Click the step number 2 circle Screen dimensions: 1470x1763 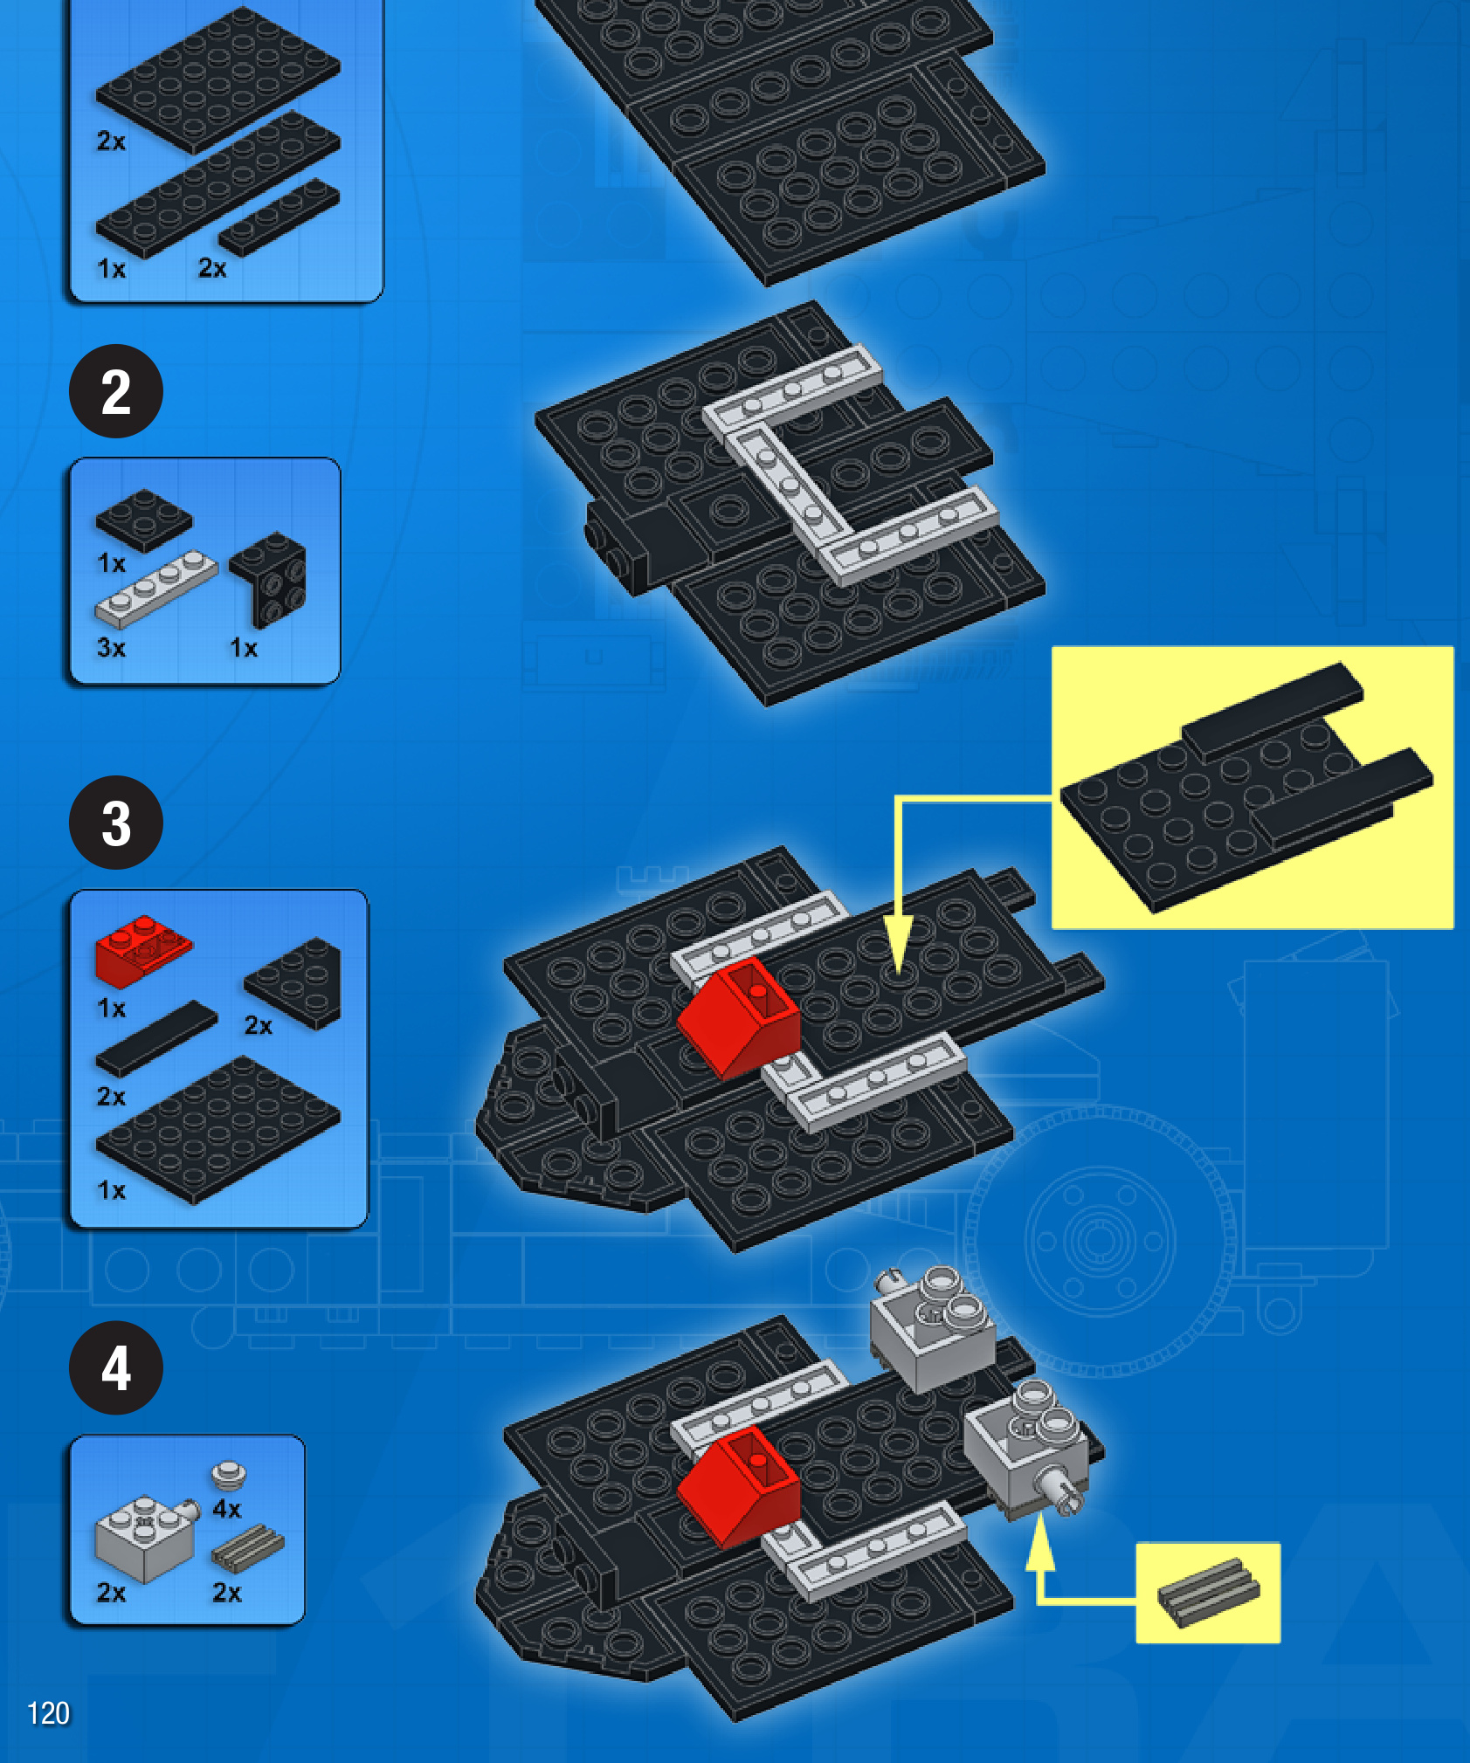tap(116, 391)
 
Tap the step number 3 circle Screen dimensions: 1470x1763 tap(116, 823)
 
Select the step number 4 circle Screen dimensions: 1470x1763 tap(116, 1367)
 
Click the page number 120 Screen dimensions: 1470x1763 tap(48, 1713)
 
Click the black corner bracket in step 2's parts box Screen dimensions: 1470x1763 tap(270, 578)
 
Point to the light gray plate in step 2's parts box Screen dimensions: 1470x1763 tap(155, 589)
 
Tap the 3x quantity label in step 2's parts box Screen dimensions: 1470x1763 tap(112, 648)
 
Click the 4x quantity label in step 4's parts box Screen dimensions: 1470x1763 tap(227, 1508)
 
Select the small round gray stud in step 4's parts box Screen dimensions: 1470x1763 tap(229, 1475)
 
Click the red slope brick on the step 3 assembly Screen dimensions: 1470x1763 tap(739, 1017)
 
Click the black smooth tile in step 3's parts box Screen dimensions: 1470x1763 tap(156, 1038)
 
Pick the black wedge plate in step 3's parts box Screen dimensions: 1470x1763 tap(293, 982)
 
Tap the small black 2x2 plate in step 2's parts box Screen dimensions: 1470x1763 tap(144, 520)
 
